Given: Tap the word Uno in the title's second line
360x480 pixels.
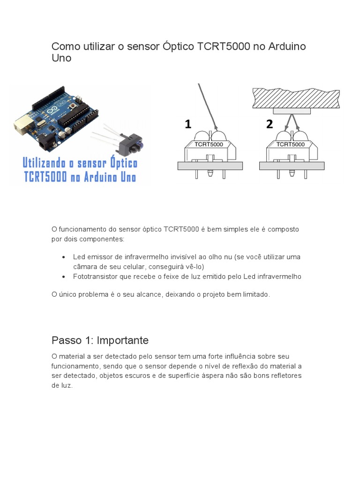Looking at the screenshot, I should point(61,59).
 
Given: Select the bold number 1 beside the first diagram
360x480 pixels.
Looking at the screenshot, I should point(188,124).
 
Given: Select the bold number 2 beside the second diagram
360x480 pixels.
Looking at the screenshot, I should point(269,124).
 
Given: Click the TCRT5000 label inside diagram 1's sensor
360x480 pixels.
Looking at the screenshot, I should point(209,144).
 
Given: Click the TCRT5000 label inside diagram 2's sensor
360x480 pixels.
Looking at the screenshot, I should point(290,144).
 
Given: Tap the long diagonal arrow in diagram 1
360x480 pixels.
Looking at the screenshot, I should point(206,105).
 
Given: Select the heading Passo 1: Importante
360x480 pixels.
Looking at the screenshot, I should point(100,340).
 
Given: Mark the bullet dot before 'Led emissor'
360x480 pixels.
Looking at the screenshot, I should point(63,257).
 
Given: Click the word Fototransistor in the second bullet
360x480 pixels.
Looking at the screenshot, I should point(95,277).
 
